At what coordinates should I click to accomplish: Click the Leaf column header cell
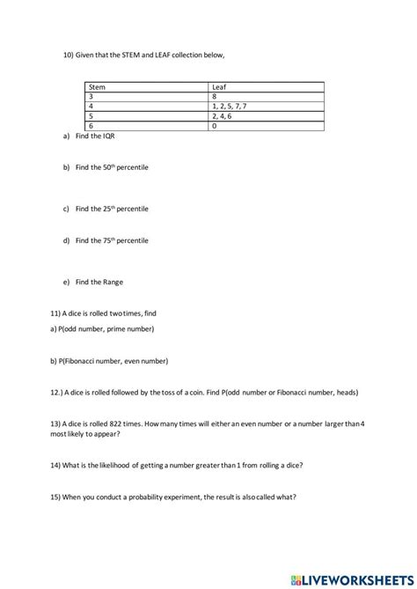point(267,87)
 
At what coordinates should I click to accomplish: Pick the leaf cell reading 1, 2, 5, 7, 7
point(267,106)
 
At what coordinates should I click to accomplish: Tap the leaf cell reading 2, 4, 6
point(267,115)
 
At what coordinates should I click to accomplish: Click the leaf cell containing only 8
point(267,96)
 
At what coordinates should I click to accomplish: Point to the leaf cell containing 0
point(267,125)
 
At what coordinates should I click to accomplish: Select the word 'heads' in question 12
point(343,392)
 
